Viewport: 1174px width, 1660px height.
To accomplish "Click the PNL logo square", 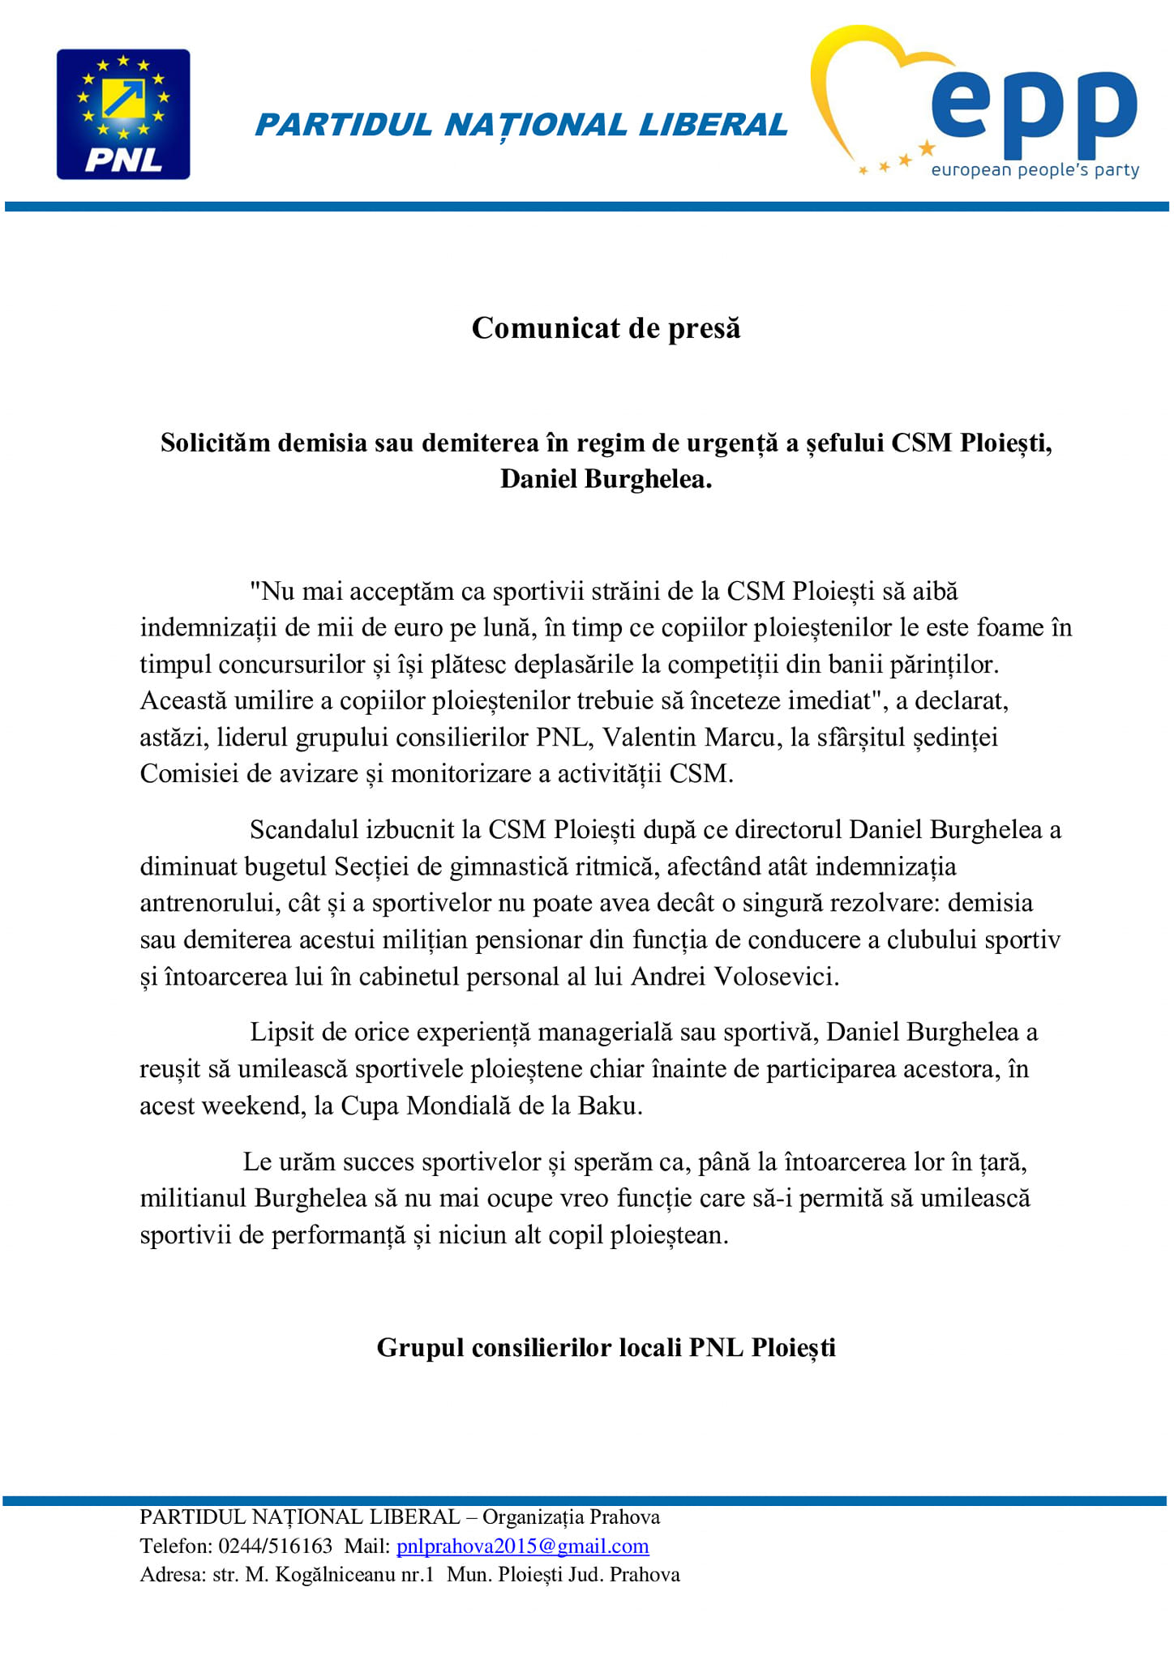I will pyautogui.click(x=123, y=114).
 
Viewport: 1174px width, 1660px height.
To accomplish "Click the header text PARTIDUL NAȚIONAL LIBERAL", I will pyautogui.click(x=521, y=125).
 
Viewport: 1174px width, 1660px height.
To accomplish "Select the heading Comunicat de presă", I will pyautogui.click(x=606, y=328).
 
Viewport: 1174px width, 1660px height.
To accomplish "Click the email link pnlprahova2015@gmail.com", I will pyautogui.click(x=522, y=1546).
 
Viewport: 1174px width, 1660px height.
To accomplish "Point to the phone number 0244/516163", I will pyautogui.click(x=276, y=1546).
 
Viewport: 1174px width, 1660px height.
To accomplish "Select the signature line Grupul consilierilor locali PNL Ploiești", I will pyautogui.click(x=606, y=1347).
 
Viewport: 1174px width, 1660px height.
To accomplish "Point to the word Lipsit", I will pyautogui.click(x=282, y=1032).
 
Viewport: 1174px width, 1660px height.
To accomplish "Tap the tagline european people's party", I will pyautogui.click(x=1035, y=170).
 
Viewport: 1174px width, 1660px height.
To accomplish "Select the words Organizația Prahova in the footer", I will pyautogui.click(x=571, y=1517).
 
